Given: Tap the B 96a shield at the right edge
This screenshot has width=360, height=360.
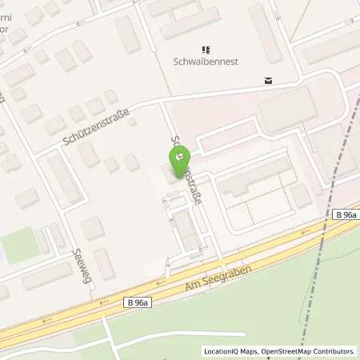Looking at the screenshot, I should pos(346,215).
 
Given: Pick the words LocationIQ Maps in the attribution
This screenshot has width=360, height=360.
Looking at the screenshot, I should pos(230,351).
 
